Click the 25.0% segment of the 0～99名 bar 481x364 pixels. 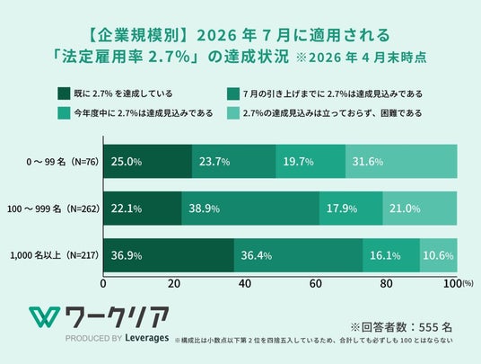pyautogui.click(x=147, y=161)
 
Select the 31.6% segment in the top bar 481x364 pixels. pyautogui.click(x=401, y=161)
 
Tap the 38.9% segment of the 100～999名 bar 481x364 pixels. pyautogui.click(x=250, y=209)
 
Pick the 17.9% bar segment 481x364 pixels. pyautogui.click(x=351, y=209)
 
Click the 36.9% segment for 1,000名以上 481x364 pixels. pyautogui.click(x=169, y=255)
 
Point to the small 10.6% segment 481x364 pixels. pyautogui.click(x=439, y=255)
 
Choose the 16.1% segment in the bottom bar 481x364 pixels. pyautogui.click(x=391, y=255)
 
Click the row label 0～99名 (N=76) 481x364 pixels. pyautogui.click(x=63, y=162)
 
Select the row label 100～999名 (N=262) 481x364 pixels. pyautogui.click(x=53, y=209)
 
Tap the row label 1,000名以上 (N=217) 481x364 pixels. pyautogui.click(x=55, y=255)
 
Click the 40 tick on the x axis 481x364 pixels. pyautogui.click(x=245, y=284)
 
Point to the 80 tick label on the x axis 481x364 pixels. pyautogui.click(x=386, y=284)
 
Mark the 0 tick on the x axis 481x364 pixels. pyautogui.click(x=103, y=284)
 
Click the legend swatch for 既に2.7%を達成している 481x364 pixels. pyautogui.click(x=64, y=93)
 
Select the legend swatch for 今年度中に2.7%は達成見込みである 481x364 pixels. pyautogui.click(x=64, y=113)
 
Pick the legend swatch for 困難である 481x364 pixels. pyautogui.click(x=233, y=113)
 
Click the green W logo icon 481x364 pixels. pyautogui.click(x=45, y=317)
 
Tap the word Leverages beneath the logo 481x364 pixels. pyautogui.click(x=147, y=338)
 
